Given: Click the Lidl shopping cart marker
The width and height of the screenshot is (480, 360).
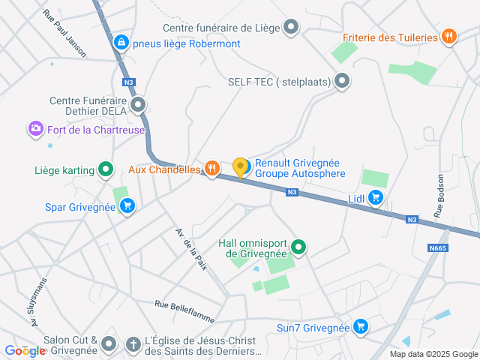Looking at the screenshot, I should click(376, 198).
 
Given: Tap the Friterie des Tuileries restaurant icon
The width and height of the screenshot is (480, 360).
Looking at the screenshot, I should click(448, 37).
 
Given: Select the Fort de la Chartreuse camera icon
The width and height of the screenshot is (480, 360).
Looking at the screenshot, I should click(35, 130).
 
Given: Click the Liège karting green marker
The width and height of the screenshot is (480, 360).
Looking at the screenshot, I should click(106, 170).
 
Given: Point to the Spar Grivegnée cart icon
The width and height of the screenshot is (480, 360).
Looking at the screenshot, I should click(127, 206).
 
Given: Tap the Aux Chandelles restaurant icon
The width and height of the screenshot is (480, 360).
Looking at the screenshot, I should click(212, 169).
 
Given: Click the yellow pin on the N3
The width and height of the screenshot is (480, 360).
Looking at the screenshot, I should click(240, 168).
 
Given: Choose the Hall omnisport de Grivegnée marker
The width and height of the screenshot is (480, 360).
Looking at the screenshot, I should click(298, 247).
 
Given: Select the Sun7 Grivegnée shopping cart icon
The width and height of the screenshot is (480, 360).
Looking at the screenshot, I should click(361, 327).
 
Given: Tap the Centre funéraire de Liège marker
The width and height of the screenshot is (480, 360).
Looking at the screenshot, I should click(291, 28).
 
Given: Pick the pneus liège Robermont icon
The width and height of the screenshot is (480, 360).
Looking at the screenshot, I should click(121, 43).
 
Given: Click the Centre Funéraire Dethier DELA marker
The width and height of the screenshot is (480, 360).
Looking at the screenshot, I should click(137, 105).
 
